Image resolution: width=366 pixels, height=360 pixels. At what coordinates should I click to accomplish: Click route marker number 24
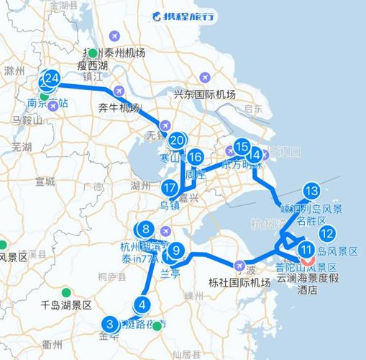coord(51,78)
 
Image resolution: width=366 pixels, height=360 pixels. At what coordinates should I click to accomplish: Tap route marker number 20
coord(177,140)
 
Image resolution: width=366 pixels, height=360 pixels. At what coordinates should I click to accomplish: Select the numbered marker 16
coord(195,158)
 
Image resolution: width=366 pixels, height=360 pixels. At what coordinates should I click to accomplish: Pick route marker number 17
coord(170,189)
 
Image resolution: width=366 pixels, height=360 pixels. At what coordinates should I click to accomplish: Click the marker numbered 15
coord(241,146)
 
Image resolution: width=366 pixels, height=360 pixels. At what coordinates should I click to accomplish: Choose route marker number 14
coord(253,154)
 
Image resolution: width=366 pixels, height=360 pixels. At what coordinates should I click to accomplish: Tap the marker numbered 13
coord(311,191)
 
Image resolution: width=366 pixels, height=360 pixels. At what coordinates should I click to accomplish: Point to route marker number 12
coord(327,233)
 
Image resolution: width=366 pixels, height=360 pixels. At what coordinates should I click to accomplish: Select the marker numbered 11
coord(306,251)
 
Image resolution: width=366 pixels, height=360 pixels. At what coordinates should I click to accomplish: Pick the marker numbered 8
coord(146,230)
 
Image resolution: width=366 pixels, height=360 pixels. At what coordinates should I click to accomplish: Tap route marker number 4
coord(143,305)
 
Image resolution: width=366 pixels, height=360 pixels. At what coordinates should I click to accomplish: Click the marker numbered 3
coord(110,323)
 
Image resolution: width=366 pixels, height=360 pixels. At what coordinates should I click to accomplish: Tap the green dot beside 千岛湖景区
coord(66,292)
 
